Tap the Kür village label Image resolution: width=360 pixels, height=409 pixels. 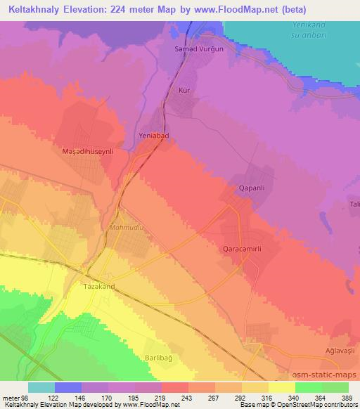[x=185, y=91]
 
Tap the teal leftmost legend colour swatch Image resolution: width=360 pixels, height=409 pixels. [x=41, y=387]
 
